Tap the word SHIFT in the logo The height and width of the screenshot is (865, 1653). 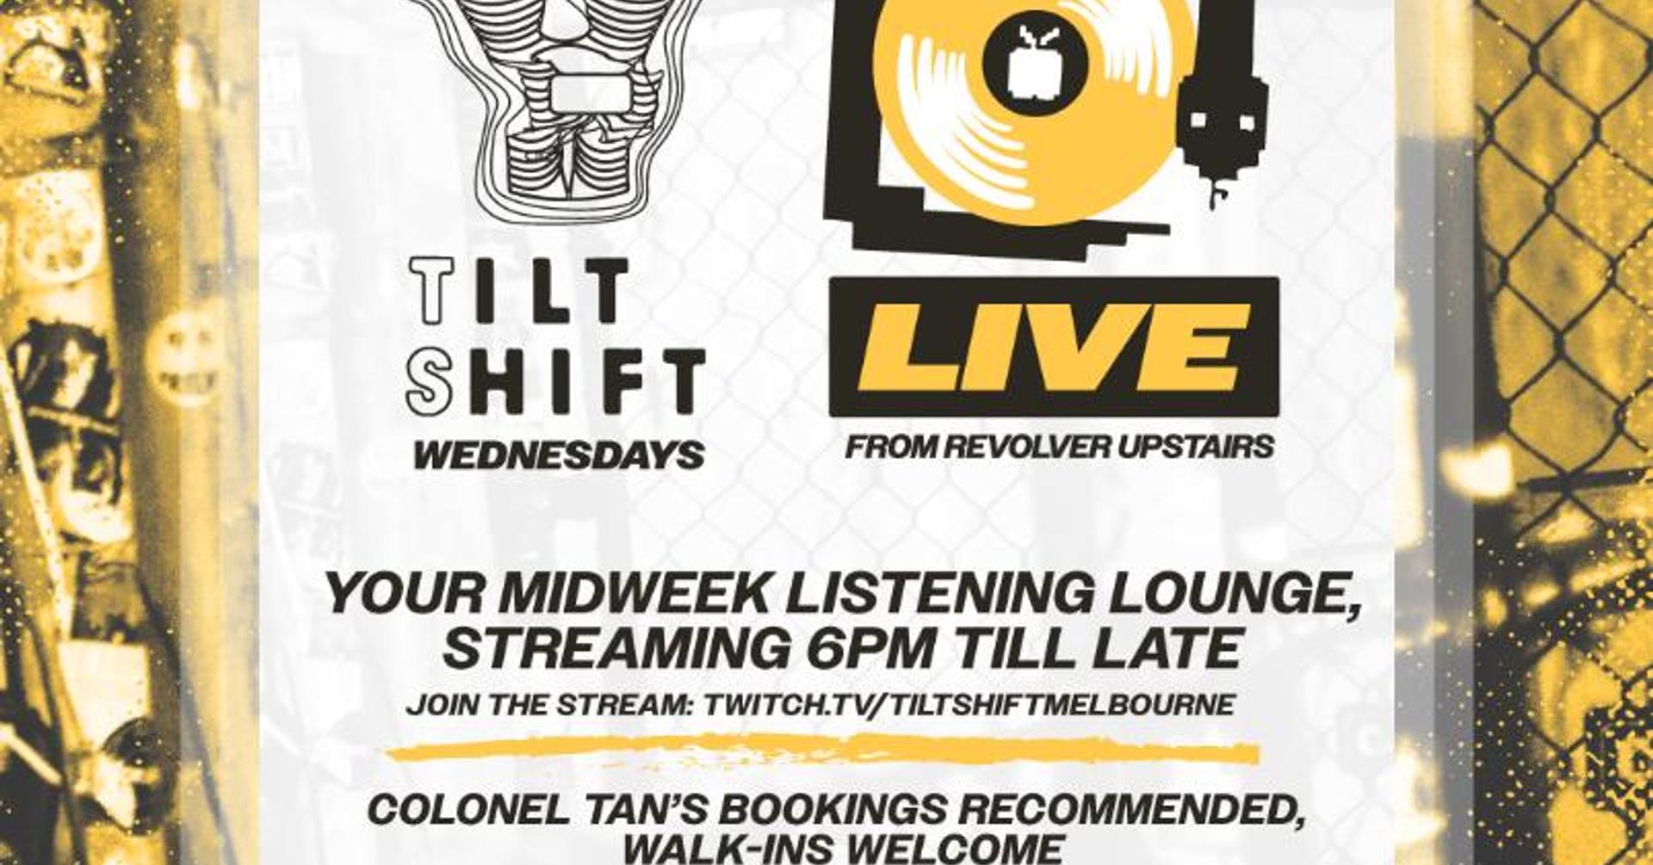coord(555,380)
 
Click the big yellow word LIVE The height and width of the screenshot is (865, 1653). coord(1054,348)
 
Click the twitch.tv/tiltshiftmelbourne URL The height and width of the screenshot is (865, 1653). coord(969,704)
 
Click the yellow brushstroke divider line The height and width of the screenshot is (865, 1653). coord(822,751)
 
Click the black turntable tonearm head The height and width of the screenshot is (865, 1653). coord(1222,129)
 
